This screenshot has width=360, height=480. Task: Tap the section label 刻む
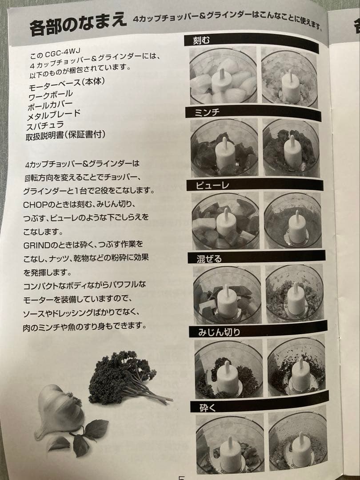(201, 41)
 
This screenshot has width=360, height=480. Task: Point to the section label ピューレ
(212, 185)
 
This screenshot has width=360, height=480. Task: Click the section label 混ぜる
(209, 258)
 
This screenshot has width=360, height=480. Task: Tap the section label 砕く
(206, 407)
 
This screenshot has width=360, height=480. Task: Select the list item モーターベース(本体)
(66, 84)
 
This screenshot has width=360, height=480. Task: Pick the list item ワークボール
(50, 95)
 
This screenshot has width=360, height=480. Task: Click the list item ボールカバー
(50, 105)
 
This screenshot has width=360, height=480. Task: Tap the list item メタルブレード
(54, 116)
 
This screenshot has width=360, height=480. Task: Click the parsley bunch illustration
(122, 378)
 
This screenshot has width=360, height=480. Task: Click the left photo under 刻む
(223, 76)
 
